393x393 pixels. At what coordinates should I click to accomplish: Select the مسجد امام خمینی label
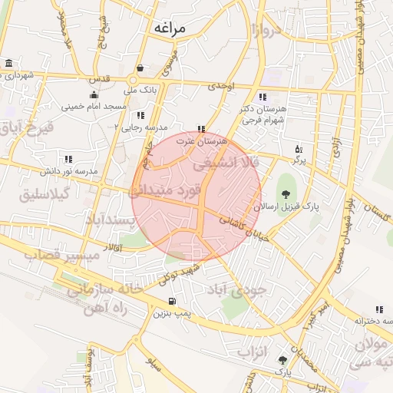click(94, 107)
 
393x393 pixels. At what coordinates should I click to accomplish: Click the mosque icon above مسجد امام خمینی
click(94, 95)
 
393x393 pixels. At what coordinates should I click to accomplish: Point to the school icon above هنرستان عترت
click(201, 129)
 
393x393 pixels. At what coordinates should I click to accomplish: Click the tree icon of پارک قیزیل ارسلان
click(286, 193)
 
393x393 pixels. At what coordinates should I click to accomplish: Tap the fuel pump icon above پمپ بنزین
click(171, 301)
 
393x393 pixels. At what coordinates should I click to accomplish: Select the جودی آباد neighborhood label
click(236, 289)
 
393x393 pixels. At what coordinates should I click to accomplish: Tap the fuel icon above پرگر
click(299, 149)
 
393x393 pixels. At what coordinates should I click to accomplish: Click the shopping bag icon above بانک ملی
click(139, 68)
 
